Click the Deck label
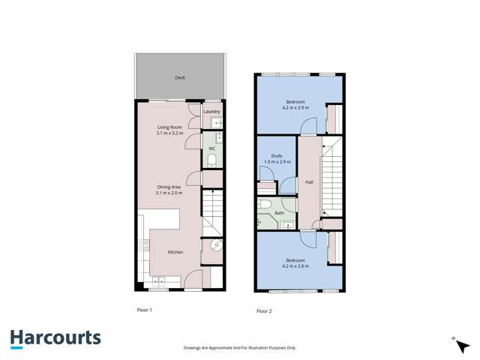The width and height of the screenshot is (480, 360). pyautogui.click(x=180, y=77)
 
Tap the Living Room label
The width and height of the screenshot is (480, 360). pyautogui.click(x=170, y=127)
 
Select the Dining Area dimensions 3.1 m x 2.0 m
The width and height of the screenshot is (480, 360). pyautogui.click(x=169, y=193)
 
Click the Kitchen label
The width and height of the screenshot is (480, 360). pyautogui.click(x=175, y=252)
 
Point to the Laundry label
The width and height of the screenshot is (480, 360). pyautogui.click(x=211, y=112)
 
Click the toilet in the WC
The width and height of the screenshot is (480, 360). pyautogui.click(x=212, y=160)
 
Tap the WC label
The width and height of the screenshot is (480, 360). pyautogui.click(x=212, y=148)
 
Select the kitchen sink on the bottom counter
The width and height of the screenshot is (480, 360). pyautogui.click(x=160, y=282)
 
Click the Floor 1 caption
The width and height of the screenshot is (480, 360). pyautogui.click(x=144, y=309)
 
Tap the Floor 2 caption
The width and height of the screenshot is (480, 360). pyautogui.click(x=264, y=310)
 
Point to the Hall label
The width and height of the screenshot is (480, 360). pyautogui.click(x=308, y=182)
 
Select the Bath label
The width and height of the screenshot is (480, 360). pyautogui.click(x=279, y=213)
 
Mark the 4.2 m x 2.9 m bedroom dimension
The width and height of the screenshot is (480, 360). pyautogui.click(x=295, y=108)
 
